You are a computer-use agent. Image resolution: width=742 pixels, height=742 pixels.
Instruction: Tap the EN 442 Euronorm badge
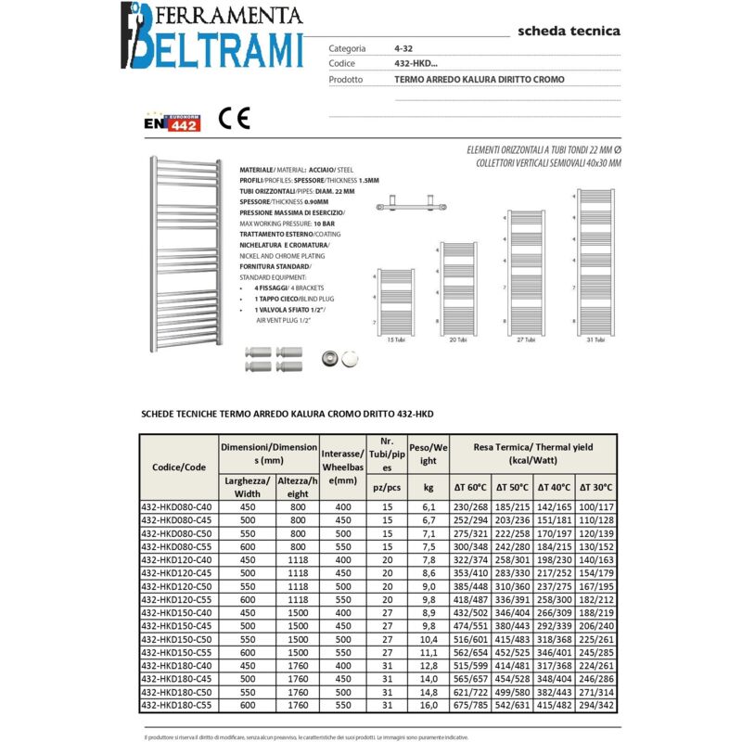(171, 122)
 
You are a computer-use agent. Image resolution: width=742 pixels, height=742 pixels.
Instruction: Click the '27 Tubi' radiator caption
(526, 340)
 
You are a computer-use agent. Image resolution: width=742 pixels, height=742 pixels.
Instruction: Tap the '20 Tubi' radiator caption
(456, 340)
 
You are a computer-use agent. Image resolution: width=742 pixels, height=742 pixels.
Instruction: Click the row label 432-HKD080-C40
(176, 507)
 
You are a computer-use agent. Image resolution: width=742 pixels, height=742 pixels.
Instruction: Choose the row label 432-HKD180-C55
(176, 706)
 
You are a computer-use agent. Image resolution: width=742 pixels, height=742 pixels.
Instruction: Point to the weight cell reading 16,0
(428, 706)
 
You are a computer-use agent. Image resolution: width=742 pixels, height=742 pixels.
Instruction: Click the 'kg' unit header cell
(428, 487)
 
